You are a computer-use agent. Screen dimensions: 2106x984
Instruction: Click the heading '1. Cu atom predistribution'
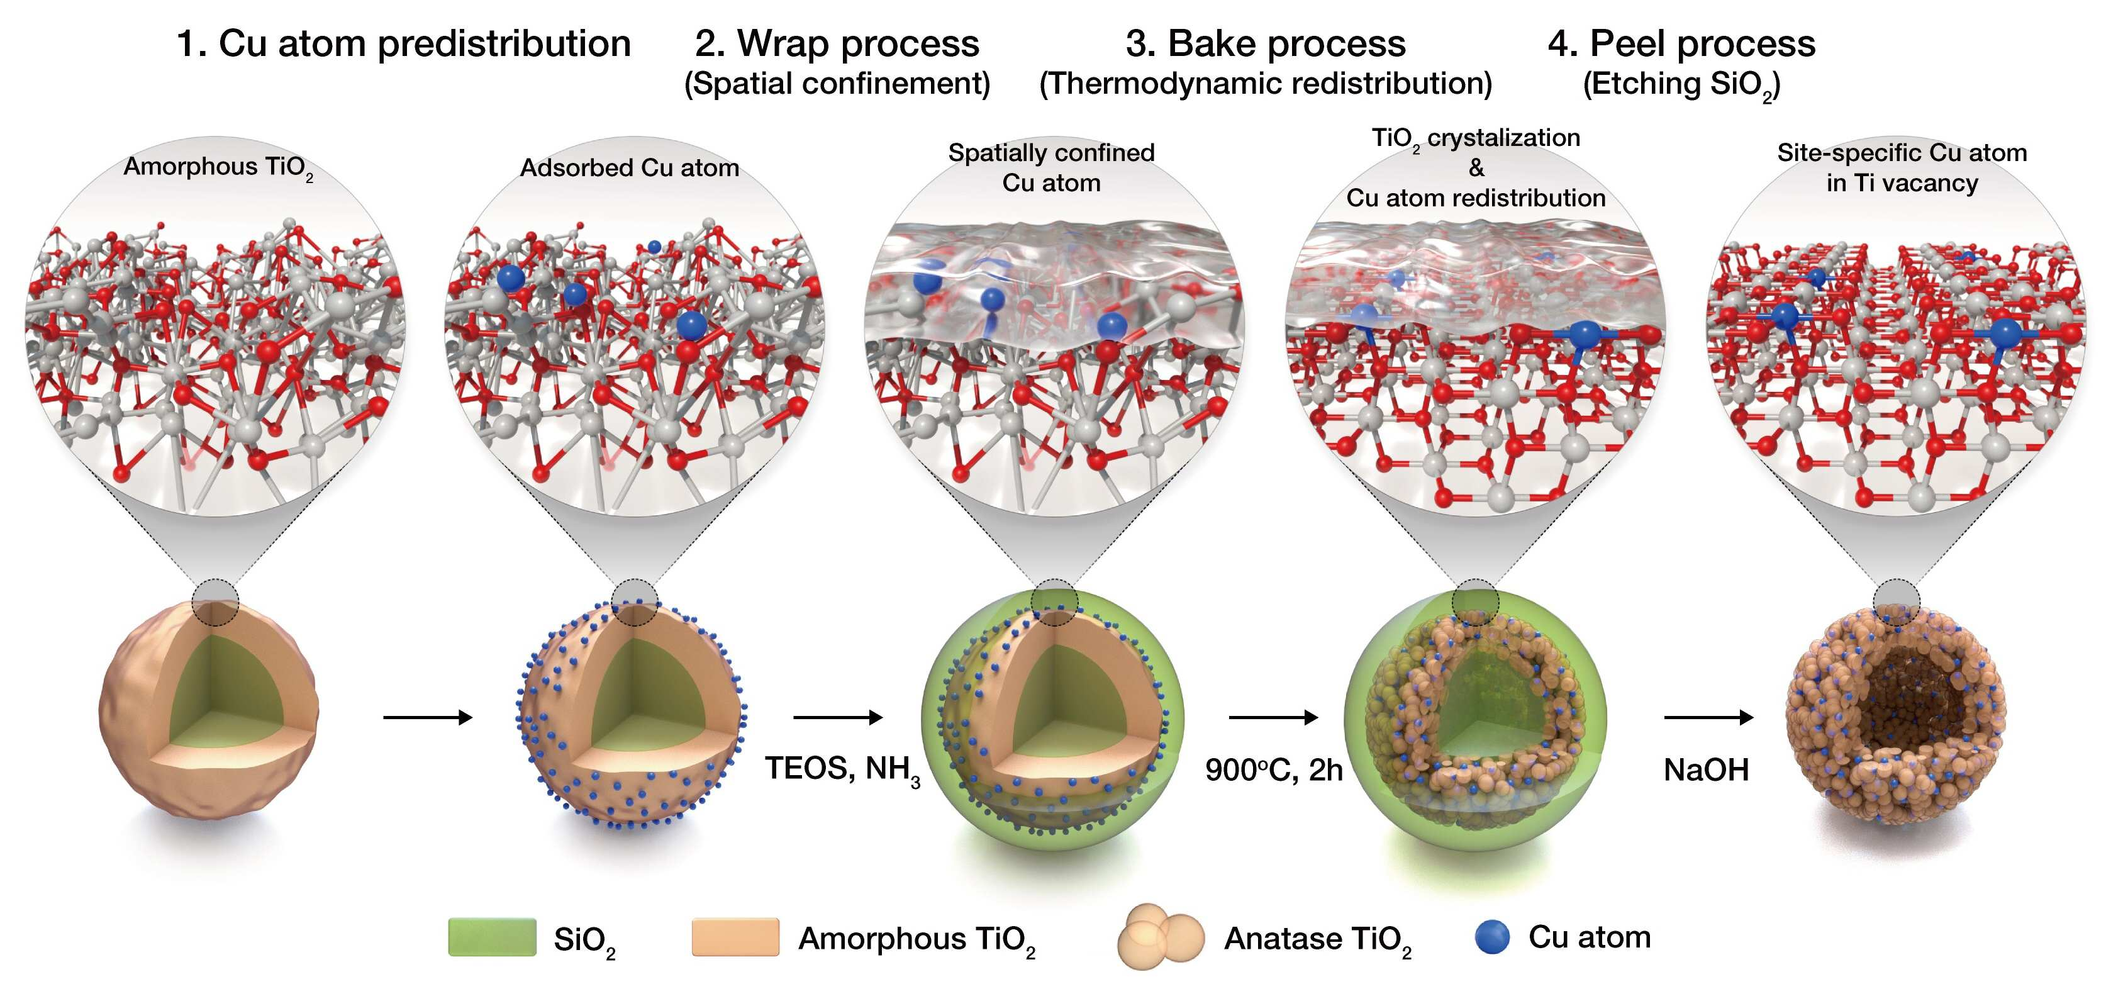pyautogui.click(x=404, y=43)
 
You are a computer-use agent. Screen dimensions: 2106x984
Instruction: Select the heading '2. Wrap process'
pyautogui.click(x=837, y=43)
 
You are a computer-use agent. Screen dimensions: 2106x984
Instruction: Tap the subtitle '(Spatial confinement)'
pyautogui.click(x=837, y=84)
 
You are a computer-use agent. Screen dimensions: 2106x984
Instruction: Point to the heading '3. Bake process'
pyautogui.click(x=1266, y=43)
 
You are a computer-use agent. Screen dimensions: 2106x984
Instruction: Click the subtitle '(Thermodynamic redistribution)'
pyautogui.click(x=1266, y=84)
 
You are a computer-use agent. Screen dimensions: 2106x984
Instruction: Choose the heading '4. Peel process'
pyautogui.click(x=1681, y=43)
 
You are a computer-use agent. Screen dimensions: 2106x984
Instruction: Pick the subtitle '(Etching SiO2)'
pyautogui.click(x=1681, y=85)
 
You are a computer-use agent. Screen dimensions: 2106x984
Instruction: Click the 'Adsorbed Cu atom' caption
pyautogui.click(x=630, y=168)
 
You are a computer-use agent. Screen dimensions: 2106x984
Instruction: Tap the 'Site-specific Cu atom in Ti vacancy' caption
pyautogui.click(x=1902, y=168)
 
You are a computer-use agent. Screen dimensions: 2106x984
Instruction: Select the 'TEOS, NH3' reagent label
pyautogui.click(x=843, y=771)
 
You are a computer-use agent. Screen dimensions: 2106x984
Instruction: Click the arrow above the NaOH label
pyautogui.click(x=1708, y=717)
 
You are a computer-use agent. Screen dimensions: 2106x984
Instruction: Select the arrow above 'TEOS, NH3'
pyautogui.click(x=838, y=717)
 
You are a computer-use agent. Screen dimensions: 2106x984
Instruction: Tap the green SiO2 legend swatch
pyautogui.click(x=492, y=937)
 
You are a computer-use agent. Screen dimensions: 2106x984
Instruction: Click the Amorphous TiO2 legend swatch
pyautogui.click(x=735, y=937)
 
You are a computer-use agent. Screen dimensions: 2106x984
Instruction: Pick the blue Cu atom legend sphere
pyautogui.click(x=1492, y=937)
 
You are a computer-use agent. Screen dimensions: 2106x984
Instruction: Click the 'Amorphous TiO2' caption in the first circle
pyautogui.click(x=218, y=168)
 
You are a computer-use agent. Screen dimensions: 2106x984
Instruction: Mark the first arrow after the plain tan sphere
pyautogui.click(x=428, y=717)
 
